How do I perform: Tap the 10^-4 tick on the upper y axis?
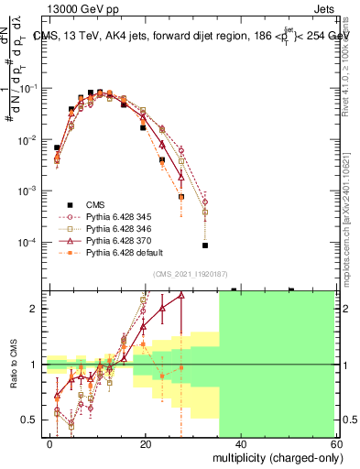click(x=27, y=242)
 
